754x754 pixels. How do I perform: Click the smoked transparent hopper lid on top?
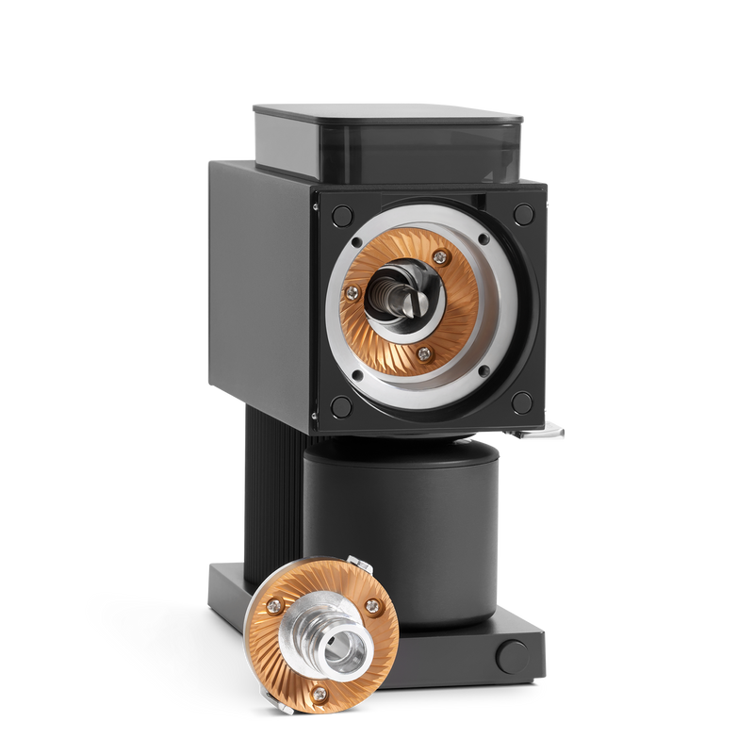tap(386, 141)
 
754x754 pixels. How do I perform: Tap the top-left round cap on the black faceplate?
tap(335, 213)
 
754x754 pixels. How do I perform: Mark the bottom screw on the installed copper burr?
tap(423, 353)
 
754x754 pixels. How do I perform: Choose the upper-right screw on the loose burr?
tap(374, 606)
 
